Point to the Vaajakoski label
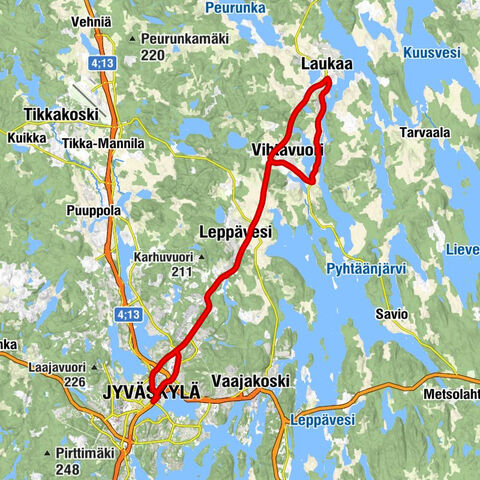243,382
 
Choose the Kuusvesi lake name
434,52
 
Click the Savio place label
391,314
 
